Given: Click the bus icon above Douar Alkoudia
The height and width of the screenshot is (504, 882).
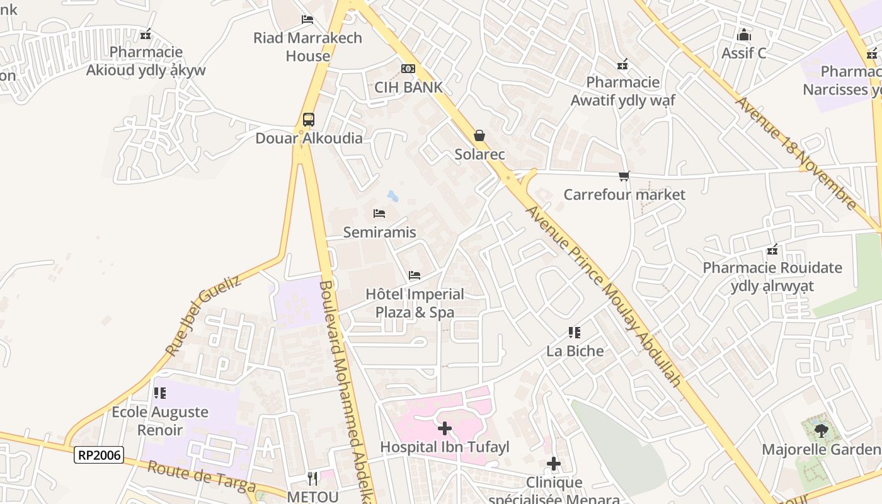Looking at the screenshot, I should point(309,120).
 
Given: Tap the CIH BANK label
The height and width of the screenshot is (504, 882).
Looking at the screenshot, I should point(408,87).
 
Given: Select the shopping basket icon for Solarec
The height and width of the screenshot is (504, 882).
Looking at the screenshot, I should point(479,135).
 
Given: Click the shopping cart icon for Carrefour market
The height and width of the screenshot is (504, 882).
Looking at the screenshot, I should point(624,176).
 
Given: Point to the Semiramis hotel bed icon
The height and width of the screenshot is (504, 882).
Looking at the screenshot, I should point(379,214).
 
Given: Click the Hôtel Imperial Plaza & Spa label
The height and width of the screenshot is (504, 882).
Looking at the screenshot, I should point(415,303).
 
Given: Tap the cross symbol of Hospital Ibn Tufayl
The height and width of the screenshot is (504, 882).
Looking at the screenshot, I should point(445,428).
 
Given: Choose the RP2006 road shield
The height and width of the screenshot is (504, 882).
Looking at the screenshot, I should point(99,454).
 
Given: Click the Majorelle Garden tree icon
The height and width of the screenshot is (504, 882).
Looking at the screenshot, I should point(820,431).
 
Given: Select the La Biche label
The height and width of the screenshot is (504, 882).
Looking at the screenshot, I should point(575,351).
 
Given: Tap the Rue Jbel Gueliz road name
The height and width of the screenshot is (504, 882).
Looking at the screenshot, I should point(203,315).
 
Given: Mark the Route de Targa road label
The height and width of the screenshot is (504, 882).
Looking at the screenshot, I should point(202,476).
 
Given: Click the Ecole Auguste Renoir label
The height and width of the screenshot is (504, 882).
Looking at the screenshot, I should point(160,421).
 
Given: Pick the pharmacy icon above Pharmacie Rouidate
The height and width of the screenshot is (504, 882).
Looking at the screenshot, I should point(772,250).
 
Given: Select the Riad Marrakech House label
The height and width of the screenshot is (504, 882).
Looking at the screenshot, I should point(307,47).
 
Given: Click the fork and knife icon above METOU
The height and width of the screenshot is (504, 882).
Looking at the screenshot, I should point(312,479).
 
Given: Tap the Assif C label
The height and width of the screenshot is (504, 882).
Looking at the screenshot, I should point(743,53).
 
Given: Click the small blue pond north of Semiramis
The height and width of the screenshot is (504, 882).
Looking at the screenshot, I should point(392,196).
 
